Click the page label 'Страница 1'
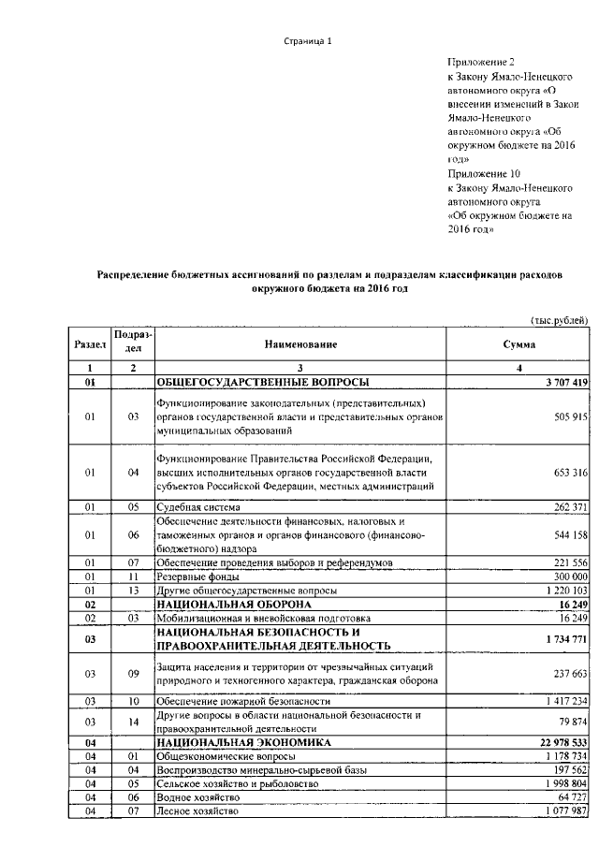308,42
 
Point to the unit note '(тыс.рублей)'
559,320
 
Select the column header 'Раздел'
91,344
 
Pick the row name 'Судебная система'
198,507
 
